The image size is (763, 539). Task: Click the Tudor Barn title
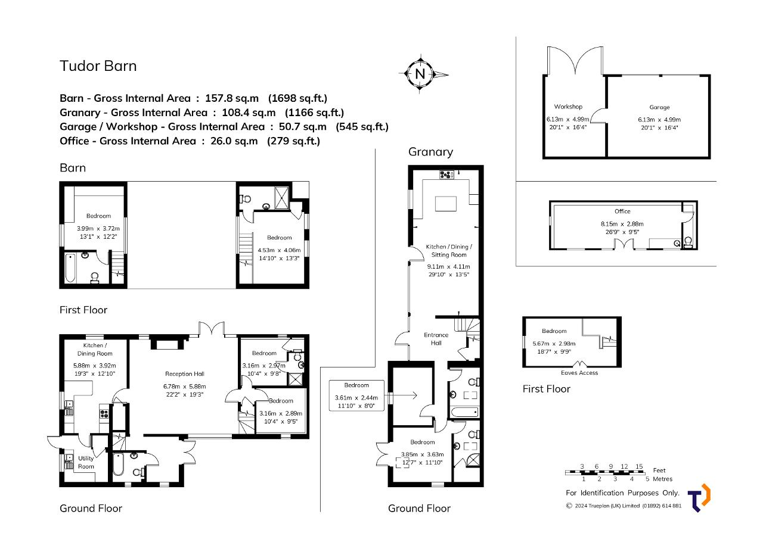point(98,66)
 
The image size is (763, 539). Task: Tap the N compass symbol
point(421,74)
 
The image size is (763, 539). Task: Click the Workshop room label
point(568,107)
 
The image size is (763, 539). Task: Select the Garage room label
point(659,107)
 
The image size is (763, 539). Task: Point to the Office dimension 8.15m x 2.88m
point(622,224)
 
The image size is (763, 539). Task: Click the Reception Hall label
point(185,373)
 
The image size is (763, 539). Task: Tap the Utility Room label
point(86,462)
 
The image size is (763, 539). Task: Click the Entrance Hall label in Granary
point(436,339)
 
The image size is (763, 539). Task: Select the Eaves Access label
point(579,373)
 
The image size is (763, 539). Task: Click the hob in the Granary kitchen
point(446,175)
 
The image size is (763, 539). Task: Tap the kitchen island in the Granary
point(446,204)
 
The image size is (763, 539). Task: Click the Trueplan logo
point(699,498)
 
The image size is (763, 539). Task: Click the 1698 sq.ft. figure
point(297,98)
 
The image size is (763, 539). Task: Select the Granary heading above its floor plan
point(430,152)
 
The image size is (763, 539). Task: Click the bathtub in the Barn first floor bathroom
point(70,267)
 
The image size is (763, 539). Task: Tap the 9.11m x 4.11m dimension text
point(449,266)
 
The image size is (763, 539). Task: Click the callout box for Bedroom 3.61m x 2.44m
point(356,395)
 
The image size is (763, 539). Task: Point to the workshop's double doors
point(575,60)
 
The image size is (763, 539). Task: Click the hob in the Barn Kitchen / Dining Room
point(104,413)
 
